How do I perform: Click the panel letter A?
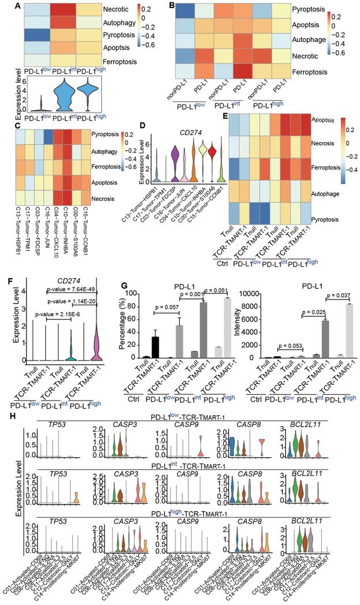5,6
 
